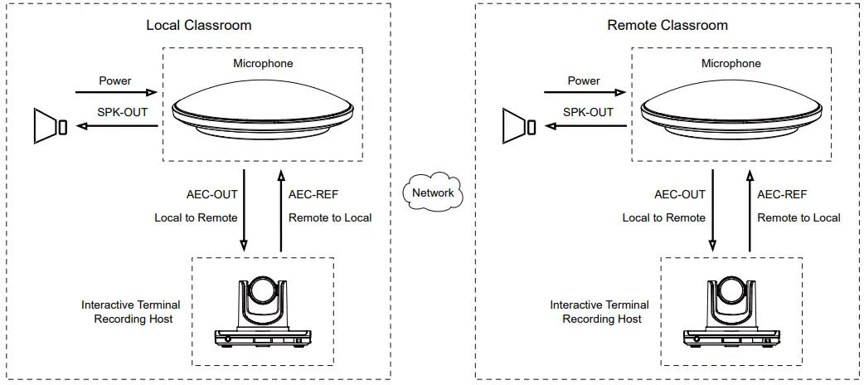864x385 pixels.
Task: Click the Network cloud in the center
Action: coord(433,192)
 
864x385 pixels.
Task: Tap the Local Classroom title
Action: coord(199,25)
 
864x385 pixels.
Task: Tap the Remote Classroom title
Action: coord(667,25)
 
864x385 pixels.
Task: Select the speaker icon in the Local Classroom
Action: coord(50,127)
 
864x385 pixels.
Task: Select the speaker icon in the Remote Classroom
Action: coord(518,127)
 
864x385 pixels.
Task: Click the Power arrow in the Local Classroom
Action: coord(116,93)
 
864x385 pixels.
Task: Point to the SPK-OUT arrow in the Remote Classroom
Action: coord(585,127)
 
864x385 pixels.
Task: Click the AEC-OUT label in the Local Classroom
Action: coord(212,195)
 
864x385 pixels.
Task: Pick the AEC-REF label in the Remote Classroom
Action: coord(782,195)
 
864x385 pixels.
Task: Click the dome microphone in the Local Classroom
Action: coord(263,108)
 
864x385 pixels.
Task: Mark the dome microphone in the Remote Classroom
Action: coord(731,108)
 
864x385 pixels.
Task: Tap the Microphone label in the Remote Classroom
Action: coord(731,63)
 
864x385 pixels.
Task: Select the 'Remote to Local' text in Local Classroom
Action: coord(330,218)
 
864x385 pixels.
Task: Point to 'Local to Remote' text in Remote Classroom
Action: coord(664,218)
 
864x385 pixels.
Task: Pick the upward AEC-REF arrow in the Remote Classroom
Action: coord(750,211)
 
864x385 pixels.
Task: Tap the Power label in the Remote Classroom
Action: coord(584,80)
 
